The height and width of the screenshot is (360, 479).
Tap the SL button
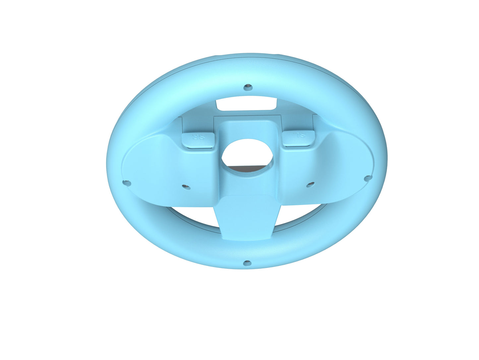(298, 139)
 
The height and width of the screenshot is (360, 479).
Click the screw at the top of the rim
(247, 87)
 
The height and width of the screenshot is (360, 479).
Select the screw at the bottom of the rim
(247, 263)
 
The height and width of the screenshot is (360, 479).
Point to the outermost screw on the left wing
(126, 183)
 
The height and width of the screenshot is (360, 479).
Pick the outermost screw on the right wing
(367, 179)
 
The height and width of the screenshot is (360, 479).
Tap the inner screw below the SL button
(310, 184)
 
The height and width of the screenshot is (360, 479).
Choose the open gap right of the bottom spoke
(298, 215)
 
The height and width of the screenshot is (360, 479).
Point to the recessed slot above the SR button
(198, 124)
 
